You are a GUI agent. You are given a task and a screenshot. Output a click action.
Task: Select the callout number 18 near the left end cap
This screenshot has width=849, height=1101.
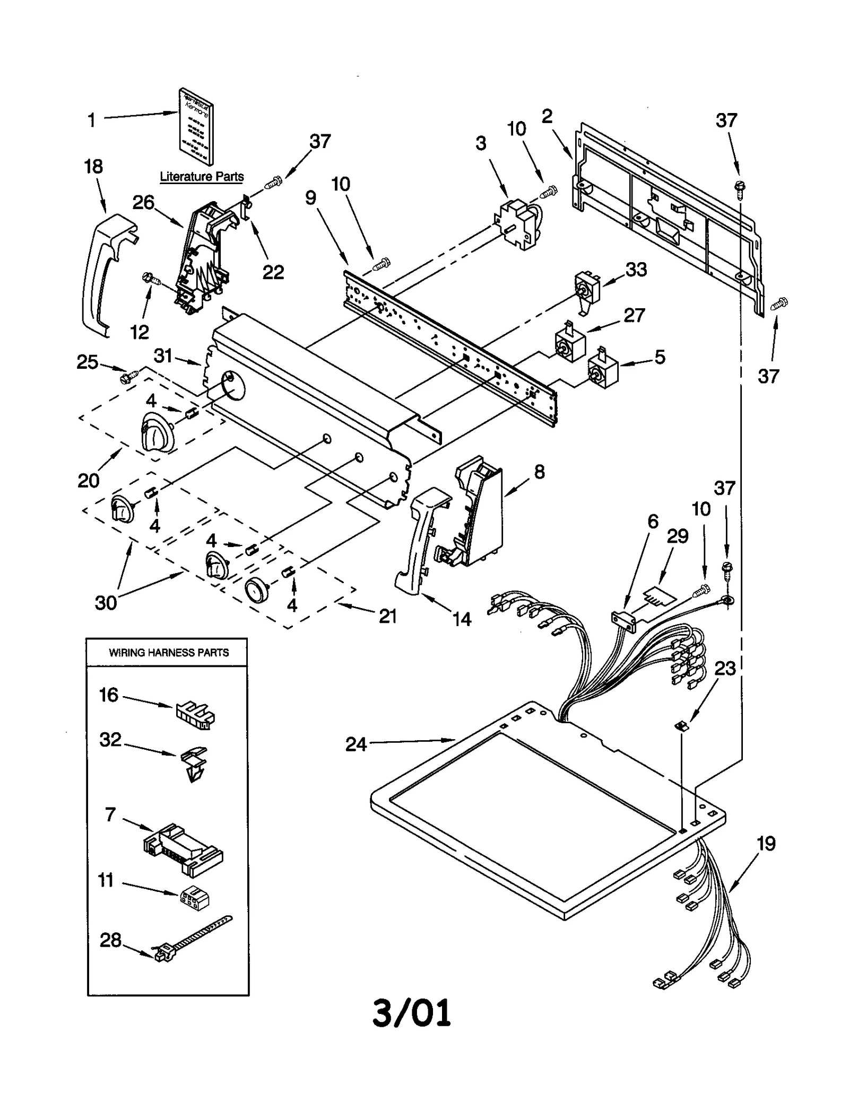[x=93, y=167]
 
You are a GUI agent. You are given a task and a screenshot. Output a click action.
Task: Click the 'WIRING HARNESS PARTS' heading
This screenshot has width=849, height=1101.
[x=169, y=653]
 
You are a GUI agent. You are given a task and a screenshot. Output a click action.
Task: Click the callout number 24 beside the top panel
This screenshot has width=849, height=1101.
[x=356, y=744]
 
